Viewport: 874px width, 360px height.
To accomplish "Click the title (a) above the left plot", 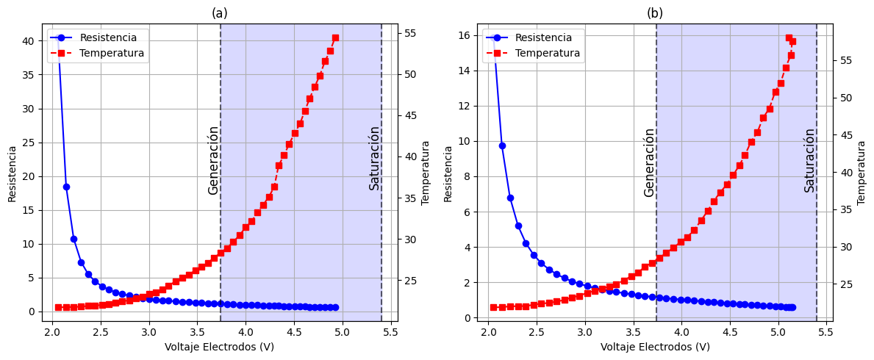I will click(219, 13).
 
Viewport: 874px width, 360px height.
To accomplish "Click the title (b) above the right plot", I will click(655, 13).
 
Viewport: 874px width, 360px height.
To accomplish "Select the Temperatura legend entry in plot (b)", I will click(547, 53).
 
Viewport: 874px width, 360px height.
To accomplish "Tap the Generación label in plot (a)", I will click(213, 159).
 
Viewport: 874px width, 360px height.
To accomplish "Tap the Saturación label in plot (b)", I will click(809, 159).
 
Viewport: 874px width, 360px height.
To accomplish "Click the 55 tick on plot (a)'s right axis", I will click(409, 33).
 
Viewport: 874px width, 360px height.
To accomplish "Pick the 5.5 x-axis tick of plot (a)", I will click(390, 333).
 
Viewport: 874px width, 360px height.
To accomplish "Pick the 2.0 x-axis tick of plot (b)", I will click(488, 333).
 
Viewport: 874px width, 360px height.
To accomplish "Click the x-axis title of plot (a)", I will click(219, 347).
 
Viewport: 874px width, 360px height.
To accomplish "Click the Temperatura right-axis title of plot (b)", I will click(862, 173).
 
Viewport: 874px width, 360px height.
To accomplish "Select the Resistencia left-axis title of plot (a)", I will click(12, 173).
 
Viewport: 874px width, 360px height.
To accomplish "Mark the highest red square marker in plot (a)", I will click(335, 37).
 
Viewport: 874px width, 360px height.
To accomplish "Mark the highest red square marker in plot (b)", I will click(789, 37).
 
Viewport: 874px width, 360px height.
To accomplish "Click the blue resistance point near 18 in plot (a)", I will click(66, 187).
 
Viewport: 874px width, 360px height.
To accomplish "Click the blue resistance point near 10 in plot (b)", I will click(502, 145).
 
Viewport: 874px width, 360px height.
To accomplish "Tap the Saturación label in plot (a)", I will click(375, 158).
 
